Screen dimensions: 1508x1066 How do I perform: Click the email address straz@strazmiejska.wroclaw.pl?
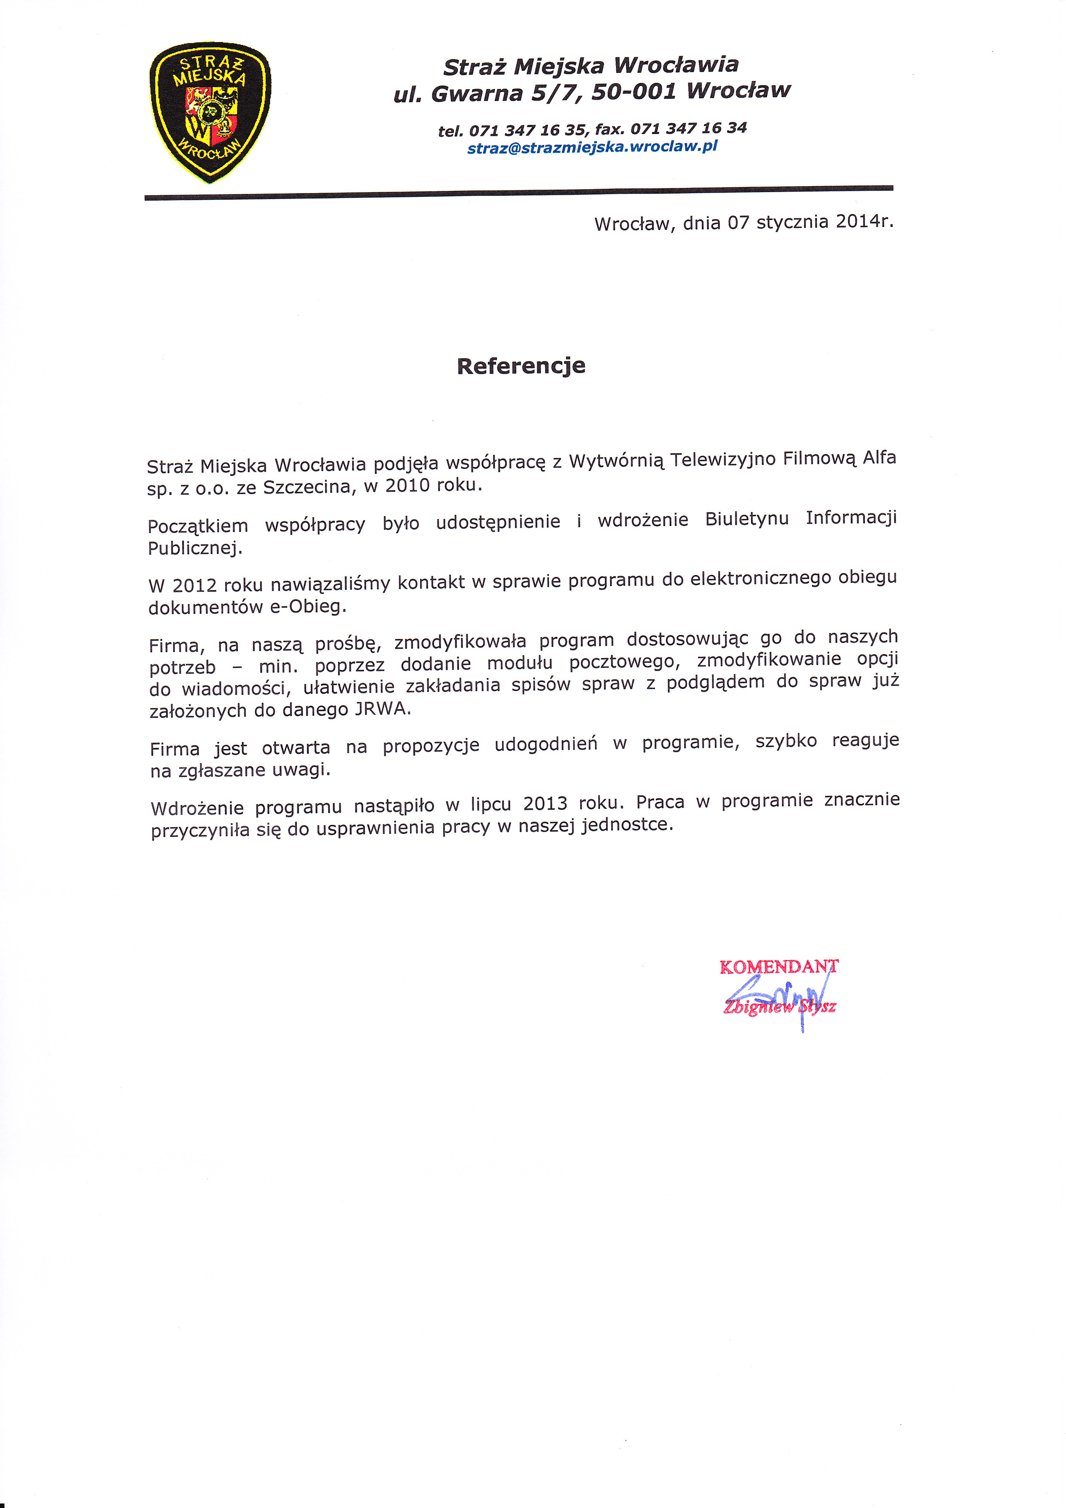[x=592, y=147]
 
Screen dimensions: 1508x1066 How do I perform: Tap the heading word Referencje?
[x=521, y=366]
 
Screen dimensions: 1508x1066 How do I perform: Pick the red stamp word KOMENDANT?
[x=778, y=967]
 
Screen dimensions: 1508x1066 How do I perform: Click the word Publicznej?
[x=194, y=548]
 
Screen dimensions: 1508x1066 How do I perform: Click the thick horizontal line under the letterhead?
[x=519, y=193]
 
